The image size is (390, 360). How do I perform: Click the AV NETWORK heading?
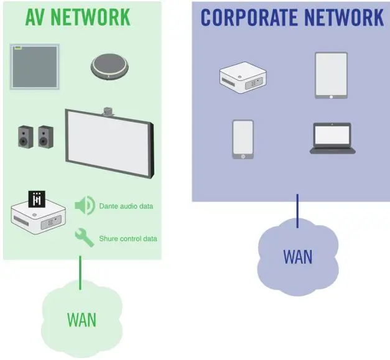[x=78, y=17]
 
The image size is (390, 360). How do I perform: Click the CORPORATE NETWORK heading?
[x=292, y=17]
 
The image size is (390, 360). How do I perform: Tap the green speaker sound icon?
[x=84, y=205]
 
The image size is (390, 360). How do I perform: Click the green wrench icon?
[x=84, y=238]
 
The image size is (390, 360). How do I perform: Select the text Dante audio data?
[x=126, y=206]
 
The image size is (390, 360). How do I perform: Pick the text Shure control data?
[x=128, y=239]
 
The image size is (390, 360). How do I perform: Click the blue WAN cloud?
[x=298, y=256]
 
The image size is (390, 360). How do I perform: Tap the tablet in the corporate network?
[x=331, y=75]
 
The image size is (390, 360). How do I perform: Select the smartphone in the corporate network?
[x=243, y=139]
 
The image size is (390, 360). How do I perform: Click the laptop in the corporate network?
[x=332, y=138]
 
